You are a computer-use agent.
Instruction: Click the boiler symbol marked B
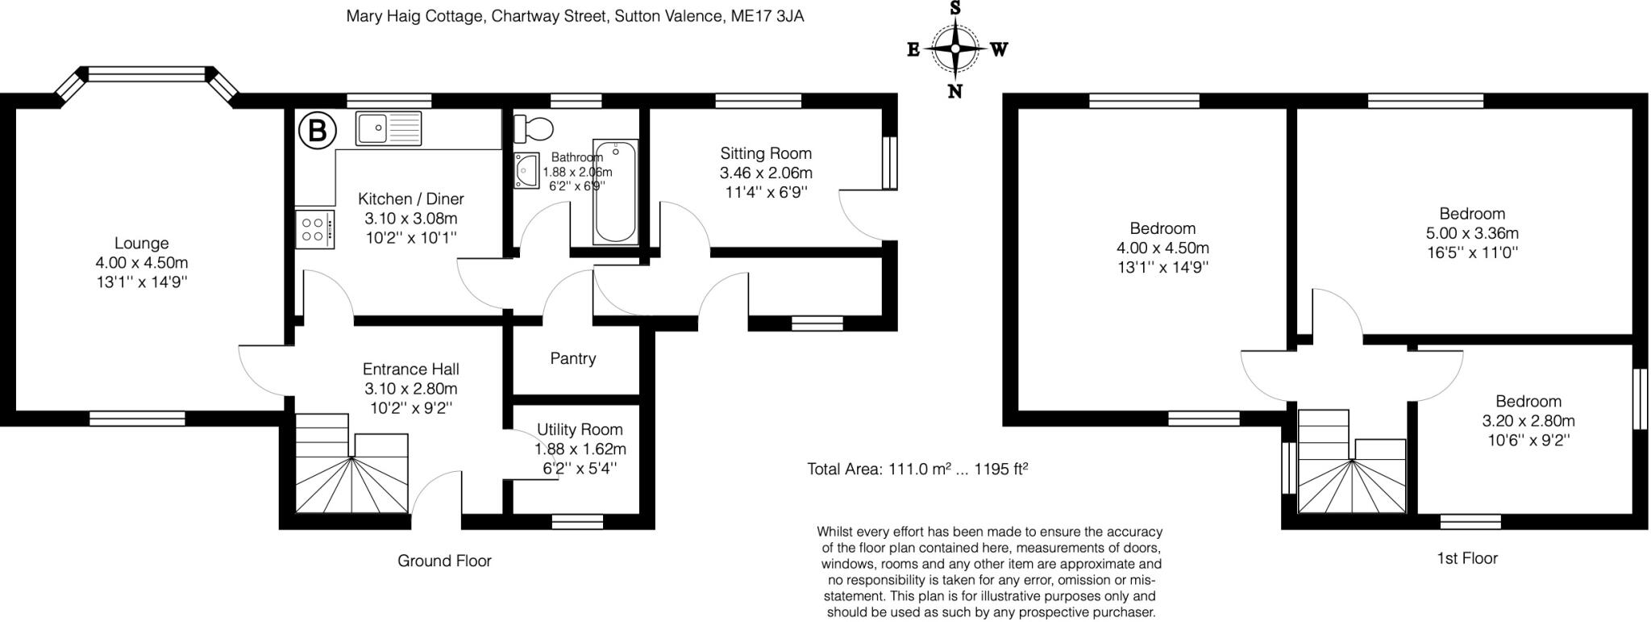pyautogui.click(x=317, y=131)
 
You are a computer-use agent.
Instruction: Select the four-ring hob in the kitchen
pyautogui.click(x=314, y=229)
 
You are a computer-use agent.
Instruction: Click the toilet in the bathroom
pyautogui.click(x=534, y=127)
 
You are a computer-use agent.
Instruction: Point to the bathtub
pyautogui.click(x=615, y=192)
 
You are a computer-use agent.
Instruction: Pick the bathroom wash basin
pyautogui.click(x=526, y=171)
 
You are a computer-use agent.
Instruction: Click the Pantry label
pyautogui.click(x=573, y=358)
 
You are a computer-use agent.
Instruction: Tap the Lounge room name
pyautogui.click(x=142, y=243)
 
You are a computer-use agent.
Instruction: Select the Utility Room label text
pyautogui.click(x=580, y=429)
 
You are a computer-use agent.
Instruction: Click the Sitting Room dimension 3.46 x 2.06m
pyautogui.click(x=766, y=173)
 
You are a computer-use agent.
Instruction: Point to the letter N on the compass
pyautogui.click(x=955, y=91)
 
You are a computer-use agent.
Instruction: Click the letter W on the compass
pyautogui.click(x=999, y=50)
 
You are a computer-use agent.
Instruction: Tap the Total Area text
pyautogui.click(x=917, y=469)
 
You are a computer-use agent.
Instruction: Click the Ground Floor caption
pyautogui.click(x=444, y=561)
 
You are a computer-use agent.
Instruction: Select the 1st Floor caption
pyautogui.click(x=1467, y=558)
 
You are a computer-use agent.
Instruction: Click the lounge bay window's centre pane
pyautogui.click(x=148, y=74)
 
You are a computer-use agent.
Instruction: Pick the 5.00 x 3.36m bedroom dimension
pyautogui.click(x=1472, y=233)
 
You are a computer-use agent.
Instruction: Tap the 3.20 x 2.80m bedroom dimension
pyautogui.click(x=1528, y=420)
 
